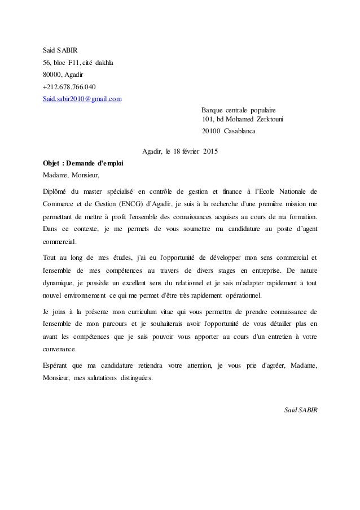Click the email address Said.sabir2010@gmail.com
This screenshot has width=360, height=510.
(82, 99)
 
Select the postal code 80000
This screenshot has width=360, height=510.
(52, 74)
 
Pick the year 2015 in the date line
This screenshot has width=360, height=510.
(210, 151)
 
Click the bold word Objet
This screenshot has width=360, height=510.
(52, 163)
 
